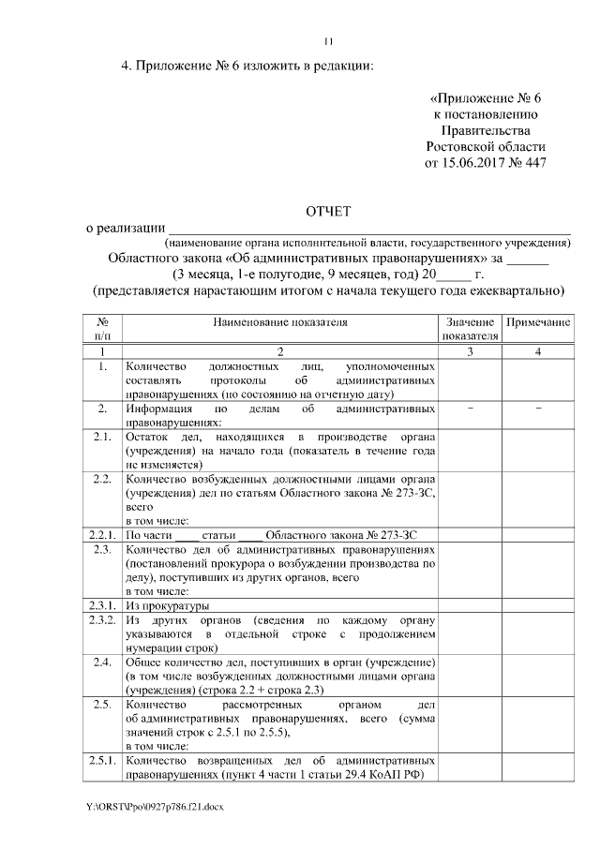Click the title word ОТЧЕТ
click(328, 212)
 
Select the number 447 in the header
click(530, 163)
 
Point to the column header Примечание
click(537, 322)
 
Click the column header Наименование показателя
click(279, 322)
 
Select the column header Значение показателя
click(469, 329)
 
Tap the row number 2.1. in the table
click(103, 437)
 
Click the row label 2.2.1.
click(103, 533)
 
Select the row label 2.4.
click(103, 663)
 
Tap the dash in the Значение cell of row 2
click(469, 409)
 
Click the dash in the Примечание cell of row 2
click(537, 409)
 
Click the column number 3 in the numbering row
click(469, 350)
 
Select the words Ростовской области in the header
click(485, 147)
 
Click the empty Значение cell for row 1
click(469, 380)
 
